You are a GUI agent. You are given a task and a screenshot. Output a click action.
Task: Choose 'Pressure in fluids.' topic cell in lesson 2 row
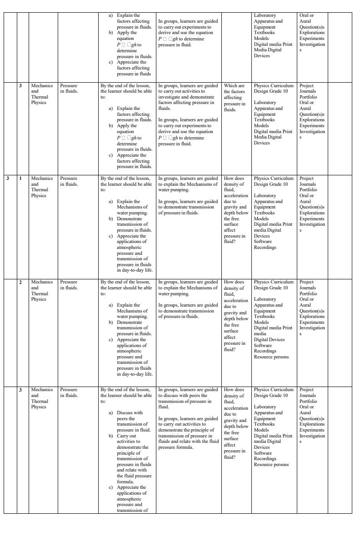69,285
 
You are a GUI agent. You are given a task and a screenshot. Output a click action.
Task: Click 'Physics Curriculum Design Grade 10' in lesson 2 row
274,285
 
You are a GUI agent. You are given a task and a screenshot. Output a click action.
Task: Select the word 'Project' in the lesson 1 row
307,179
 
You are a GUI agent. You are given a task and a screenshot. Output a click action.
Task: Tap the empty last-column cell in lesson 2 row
340,332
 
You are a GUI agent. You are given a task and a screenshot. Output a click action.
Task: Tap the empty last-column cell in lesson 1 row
340,225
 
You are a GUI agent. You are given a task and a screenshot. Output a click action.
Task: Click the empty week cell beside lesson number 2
10,332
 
